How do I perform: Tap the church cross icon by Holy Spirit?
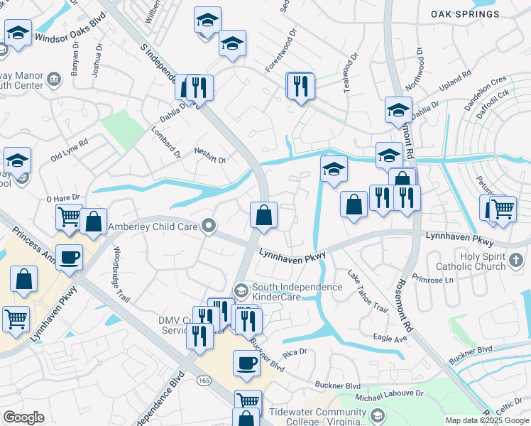(x=516, y=261)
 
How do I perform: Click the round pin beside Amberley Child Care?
(x=208, y=226)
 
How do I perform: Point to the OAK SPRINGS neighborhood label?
(x=464, y=14)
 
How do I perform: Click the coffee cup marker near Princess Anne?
(x=70, y=258)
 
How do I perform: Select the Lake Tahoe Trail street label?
(x=368, y=292)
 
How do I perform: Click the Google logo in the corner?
(x=23, y=417)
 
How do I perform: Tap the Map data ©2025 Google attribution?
(x=487, y=420)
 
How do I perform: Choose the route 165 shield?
(x=204, y=381)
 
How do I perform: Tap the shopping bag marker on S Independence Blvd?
(x=263, y=216)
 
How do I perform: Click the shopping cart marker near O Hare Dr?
(x=69, y=216)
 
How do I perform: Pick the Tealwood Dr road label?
(x=354, y=70)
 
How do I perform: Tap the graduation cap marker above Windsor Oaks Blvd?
(x=18, y=32)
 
